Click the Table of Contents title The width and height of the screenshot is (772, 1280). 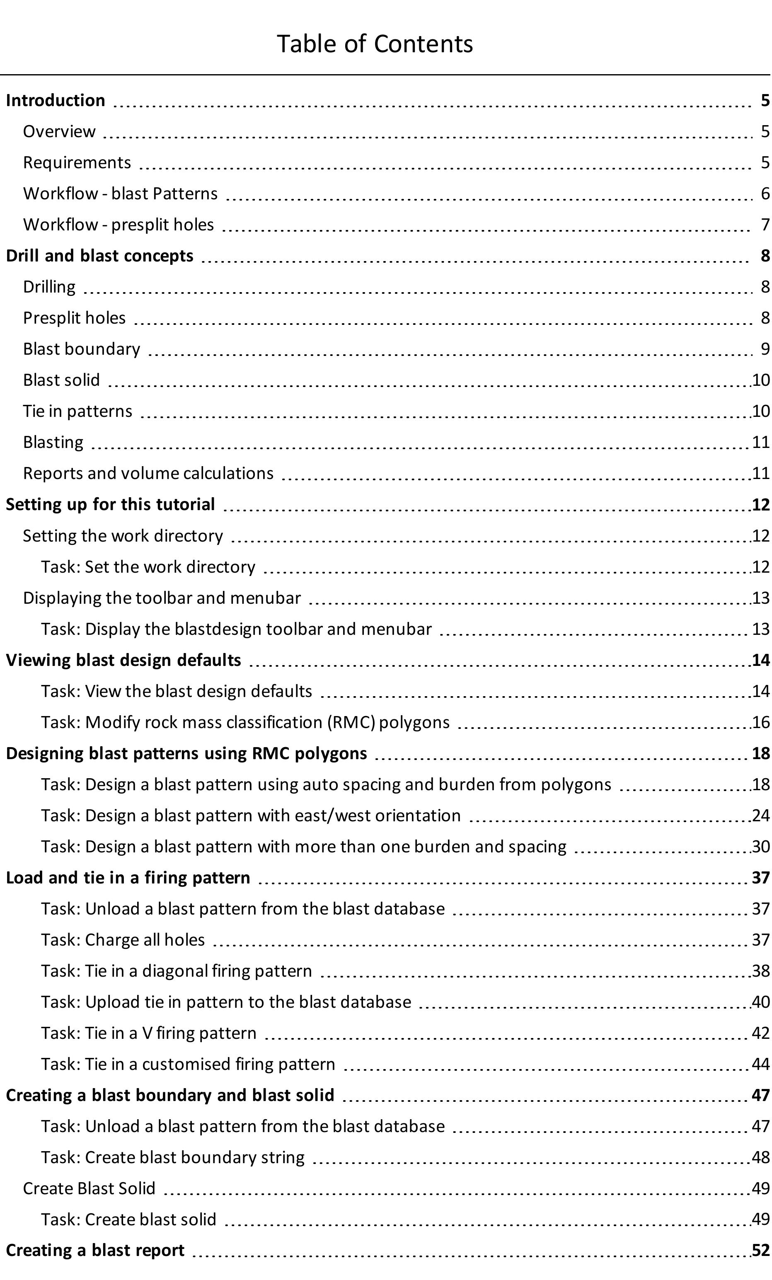[375, 44]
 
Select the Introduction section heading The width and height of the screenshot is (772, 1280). [56, 100]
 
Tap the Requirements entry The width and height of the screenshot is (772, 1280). [77, 162]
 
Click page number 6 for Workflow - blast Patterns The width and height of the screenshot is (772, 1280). [765, 194]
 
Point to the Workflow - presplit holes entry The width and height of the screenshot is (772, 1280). [119, 225]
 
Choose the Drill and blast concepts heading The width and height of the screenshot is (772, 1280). [99, 256]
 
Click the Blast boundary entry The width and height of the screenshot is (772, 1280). [82, 349]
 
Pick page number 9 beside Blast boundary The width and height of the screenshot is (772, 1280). [765, 349]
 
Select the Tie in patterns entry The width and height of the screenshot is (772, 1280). [77, 411]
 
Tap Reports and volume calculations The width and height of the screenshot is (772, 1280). [148, 473]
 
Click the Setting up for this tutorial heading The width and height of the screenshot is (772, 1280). [110, 504]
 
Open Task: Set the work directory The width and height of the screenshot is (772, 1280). [148, 567]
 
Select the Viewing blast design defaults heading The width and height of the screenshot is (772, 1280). [123, 660]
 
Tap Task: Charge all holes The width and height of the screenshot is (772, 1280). [123, 940]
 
